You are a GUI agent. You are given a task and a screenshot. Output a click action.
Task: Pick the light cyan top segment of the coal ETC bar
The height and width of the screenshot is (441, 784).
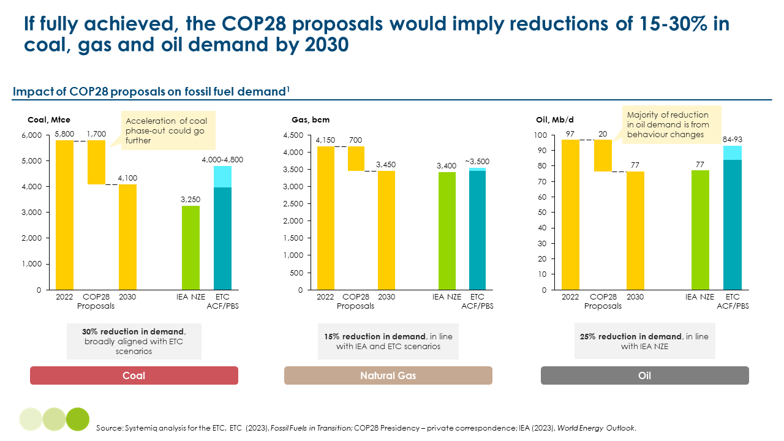pyautogui.click(x=223, y=176)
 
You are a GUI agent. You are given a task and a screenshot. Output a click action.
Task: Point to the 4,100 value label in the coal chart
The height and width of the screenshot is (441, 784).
pyautogui.click(x=128, y=178)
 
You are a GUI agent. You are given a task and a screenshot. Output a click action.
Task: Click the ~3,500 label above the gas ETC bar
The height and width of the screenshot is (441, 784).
pyautogui.click(x=477, y=161)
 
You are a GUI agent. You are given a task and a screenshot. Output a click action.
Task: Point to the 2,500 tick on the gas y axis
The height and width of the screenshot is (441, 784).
pyautogui.click(x=293, y=204)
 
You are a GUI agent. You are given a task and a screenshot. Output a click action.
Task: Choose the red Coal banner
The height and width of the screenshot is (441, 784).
pyautogui.click(x=134, y=375)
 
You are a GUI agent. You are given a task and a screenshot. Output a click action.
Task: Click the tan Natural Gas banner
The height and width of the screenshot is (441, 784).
pyautogui.click(x=388, y=375)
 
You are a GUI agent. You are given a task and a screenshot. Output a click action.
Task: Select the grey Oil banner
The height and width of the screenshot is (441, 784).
pyautogui.click(x=644, y=375)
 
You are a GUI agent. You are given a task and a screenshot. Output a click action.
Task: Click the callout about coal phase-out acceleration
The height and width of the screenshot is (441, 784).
pyautogui.click(x=167, y=130)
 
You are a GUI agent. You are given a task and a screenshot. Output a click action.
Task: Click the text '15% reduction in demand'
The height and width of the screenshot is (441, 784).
pyautogui.click(x=374, y=336)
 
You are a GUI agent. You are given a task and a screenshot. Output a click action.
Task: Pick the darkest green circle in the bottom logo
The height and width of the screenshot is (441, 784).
pyautogui.click(x=78, y=419)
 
